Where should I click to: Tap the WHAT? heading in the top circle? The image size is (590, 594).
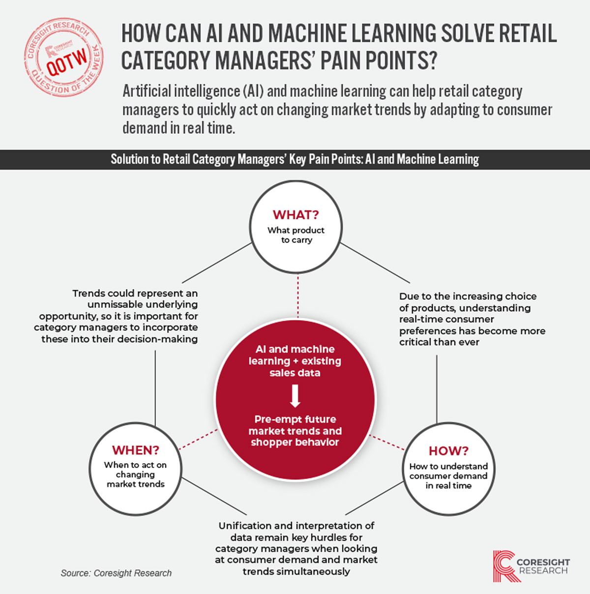click(x=295, y=214)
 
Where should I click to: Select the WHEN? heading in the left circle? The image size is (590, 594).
click(x=136, y=450)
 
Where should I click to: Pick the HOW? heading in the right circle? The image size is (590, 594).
click(x=448, y=451)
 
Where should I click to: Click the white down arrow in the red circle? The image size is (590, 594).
click(x=295, y=396)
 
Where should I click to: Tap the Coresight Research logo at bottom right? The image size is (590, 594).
click(x=531, y=566)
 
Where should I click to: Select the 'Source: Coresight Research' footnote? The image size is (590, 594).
click(x=116, y=573)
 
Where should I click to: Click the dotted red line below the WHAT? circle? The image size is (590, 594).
click(x=298, y=296)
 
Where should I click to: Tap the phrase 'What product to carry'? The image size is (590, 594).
click(x=296, y=235)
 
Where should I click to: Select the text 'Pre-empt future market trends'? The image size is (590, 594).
click(x=295, y=425)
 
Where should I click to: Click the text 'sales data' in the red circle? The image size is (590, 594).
click(x=295, y=373)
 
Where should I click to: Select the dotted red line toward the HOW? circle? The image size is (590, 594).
click(x=387, y=443)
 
